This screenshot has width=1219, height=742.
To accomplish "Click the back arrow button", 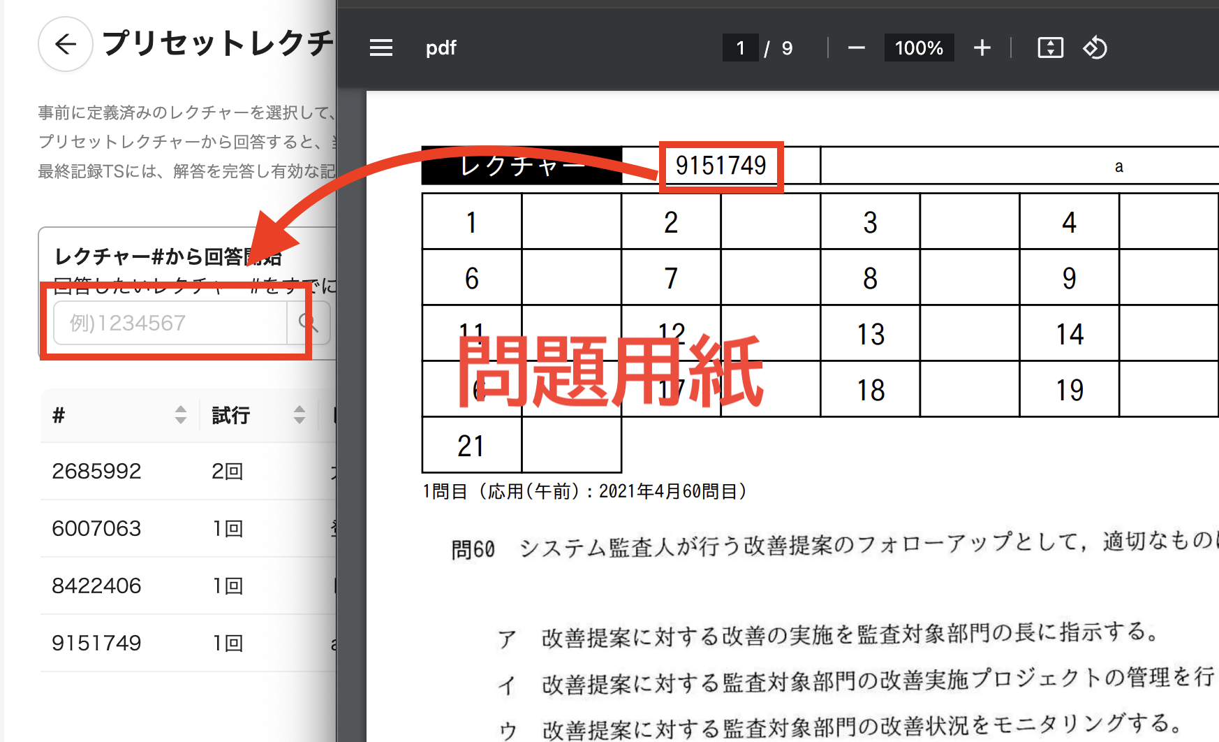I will pos(66,45).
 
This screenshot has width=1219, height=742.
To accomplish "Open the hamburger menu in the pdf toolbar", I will pos(381,48).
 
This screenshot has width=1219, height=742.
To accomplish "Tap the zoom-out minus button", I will pos(857,48).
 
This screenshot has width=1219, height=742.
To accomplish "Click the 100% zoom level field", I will pos(919,48).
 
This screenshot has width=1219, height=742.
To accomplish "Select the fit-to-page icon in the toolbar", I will pos(1050,48).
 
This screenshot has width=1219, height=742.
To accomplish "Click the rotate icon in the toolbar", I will pos(1095,48).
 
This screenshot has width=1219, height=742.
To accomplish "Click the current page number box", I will pos(740,48).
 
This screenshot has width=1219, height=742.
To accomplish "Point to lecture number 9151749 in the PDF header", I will pos(721,166).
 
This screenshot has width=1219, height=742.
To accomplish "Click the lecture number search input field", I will pos(170,323).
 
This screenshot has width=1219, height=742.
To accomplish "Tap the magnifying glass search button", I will pos(308,323).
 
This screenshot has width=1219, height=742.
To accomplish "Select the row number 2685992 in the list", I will pos(97,471).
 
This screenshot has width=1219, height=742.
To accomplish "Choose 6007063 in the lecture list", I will pos(97,528).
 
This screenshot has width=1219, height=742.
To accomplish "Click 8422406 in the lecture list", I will pos(97,585).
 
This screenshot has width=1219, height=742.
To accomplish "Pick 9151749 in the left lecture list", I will pos(97,643).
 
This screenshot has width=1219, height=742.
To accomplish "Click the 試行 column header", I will pos(231,415).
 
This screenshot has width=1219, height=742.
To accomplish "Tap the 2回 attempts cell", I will pos(228,471).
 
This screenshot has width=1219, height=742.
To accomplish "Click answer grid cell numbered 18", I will pos(871,390).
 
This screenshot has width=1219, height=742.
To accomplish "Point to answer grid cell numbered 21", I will pos(471,446).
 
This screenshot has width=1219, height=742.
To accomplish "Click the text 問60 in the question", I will pos(473,549).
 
